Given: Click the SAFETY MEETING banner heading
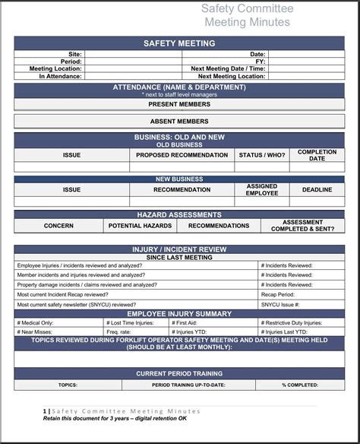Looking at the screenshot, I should [179, 43].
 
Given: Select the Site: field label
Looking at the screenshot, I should [74, 55].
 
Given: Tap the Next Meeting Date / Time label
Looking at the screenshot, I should [228, 68].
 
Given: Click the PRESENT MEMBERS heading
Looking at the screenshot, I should [179, 104].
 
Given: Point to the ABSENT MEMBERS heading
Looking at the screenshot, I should [179, 121].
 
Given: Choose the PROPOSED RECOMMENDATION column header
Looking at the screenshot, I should [182, 155].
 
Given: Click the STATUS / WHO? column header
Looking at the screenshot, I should [262, 155].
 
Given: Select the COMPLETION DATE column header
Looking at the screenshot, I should [317, 155].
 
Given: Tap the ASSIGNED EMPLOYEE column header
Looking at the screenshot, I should [262, 189].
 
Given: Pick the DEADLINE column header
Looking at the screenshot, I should [317, 189].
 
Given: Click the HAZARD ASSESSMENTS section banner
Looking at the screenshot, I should [179, 215].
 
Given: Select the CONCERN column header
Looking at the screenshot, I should [58, 226].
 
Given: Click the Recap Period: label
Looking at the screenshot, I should [278, 294].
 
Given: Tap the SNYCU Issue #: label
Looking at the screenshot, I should [280, 304].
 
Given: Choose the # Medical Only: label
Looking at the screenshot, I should [35, 322].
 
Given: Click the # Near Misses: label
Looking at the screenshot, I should [35, 331].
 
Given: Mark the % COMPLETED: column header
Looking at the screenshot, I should [300, 385].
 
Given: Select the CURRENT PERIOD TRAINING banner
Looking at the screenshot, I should [179, 374].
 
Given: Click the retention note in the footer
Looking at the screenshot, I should [115, 418].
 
